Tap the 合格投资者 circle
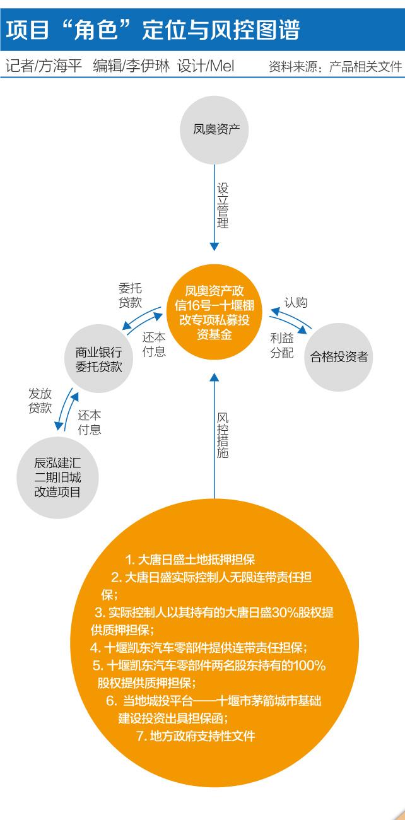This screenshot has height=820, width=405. (x=339, y=356)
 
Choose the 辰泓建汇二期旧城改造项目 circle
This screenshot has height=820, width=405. (x=57, y=477)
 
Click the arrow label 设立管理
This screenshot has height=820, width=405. (x=223, y=206)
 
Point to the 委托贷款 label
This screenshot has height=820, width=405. (x=130, y=293)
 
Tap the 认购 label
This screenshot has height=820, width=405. (x=295, y=303)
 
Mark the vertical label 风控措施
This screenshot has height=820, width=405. (x=223, y=436)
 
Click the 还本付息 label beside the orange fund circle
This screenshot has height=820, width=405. (x=154, y=344)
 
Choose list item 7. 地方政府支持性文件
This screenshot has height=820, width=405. (x=196, y=735)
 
